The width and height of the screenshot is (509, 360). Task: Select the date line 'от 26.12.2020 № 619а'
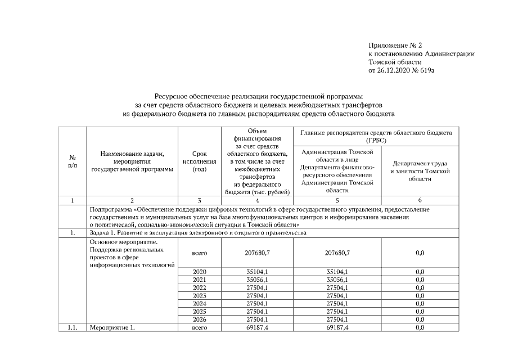click(x=402, y=71)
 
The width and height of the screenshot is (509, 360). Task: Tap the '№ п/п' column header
click(x=72, y=161)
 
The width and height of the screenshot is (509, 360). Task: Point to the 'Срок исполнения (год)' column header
click(x=200, y=161)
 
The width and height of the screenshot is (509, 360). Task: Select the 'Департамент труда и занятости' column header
click(x=419, y=170)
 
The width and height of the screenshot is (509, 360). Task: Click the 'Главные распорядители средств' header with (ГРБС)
click(x=376, y=136)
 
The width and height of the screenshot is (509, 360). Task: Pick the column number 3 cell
click(x=200, y=200)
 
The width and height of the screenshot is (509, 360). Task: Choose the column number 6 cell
click(x=419, y=200)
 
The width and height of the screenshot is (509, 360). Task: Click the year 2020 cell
click(x=200, y=272)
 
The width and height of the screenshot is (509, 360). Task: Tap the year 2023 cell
click(x=200, y=295)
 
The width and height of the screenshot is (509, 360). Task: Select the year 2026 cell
click(x=200, y=319)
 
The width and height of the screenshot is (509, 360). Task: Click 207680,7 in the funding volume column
click(x=258, y=254)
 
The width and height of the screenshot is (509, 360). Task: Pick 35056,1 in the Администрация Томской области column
click(x=337, y=280)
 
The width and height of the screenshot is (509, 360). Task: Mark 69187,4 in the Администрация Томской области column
click(x=337, y=327)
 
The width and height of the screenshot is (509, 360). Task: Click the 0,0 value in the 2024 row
click(x=419, y=303)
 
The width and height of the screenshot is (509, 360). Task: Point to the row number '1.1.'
click(x=72, y=327)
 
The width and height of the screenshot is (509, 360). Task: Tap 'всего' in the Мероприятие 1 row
click(x=200, y=327)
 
